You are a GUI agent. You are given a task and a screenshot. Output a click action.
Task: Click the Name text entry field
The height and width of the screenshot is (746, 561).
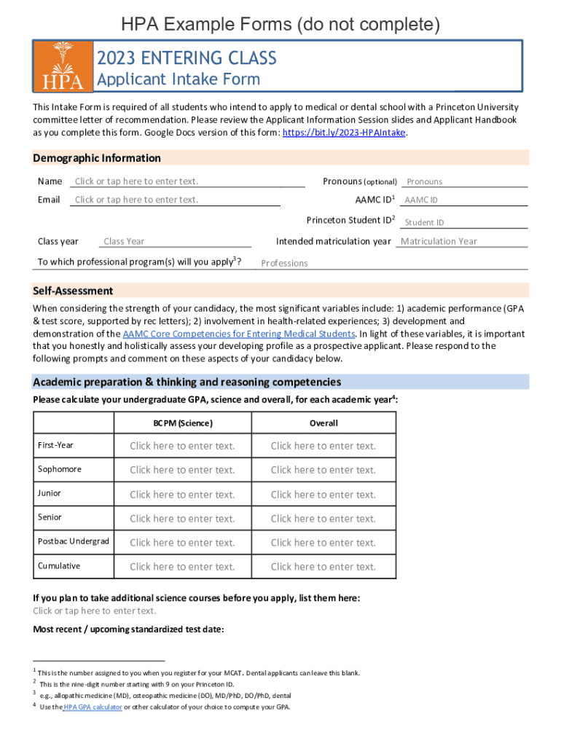point(187,181)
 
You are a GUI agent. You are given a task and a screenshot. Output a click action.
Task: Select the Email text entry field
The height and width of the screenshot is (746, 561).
point(187,200)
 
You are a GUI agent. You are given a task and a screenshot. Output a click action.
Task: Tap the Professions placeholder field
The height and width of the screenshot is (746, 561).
point(285,263)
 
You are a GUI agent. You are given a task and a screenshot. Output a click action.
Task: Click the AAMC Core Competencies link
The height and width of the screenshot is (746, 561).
point(239,334)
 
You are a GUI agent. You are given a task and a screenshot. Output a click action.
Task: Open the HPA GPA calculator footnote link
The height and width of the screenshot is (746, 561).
point(92,707)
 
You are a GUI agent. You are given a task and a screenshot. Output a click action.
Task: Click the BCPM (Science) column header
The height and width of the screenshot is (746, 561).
point(182,423)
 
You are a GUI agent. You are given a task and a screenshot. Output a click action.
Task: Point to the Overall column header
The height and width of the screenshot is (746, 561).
point(323,423)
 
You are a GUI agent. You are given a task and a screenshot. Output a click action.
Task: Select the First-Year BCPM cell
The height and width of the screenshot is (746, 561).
point(182,446)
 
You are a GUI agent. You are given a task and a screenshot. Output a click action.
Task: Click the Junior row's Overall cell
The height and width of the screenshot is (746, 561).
point(323,494)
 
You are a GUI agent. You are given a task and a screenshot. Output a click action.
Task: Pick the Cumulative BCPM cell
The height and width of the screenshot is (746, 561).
point(182,566)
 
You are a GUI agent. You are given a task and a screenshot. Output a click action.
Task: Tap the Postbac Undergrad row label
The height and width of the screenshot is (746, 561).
point(73,541)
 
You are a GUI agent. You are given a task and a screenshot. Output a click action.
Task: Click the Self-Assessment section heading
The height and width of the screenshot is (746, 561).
point(73,291)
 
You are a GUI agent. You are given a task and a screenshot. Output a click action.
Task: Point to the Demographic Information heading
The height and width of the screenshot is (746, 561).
point(97,158)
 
